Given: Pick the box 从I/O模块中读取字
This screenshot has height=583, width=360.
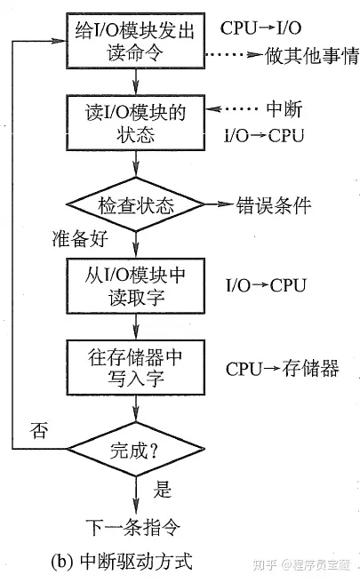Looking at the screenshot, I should [132, 285].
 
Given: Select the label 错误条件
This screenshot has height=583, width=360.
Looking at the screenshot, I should [273, 205].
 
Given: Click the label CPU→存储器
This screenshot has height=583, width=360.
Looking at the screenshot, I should [282, 368].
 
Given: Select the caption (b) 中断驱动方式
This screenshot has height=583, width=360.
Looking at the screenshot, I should [125, 561].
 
